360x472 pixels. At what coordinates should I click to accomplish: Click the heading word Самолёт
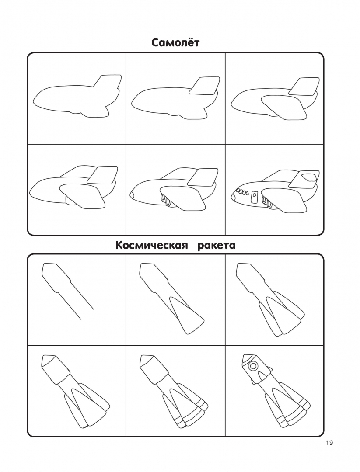coord(175,42)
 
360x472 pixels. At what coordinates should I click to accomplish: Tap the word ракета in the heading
coord(217,246)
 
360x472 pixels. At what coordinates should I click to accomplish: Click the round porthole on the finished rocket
coord(253,366)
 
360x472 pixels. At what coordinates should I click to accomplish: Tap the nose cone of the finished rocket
coord(247,357)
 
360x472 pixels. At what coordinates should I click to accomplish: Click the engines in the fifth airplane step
coord(166,201)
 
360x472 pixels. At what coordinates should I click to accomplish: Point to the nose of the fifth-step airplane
coord(132,195)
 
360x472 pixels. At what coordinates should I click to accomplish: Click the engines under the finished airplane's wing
coord(267,201)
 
